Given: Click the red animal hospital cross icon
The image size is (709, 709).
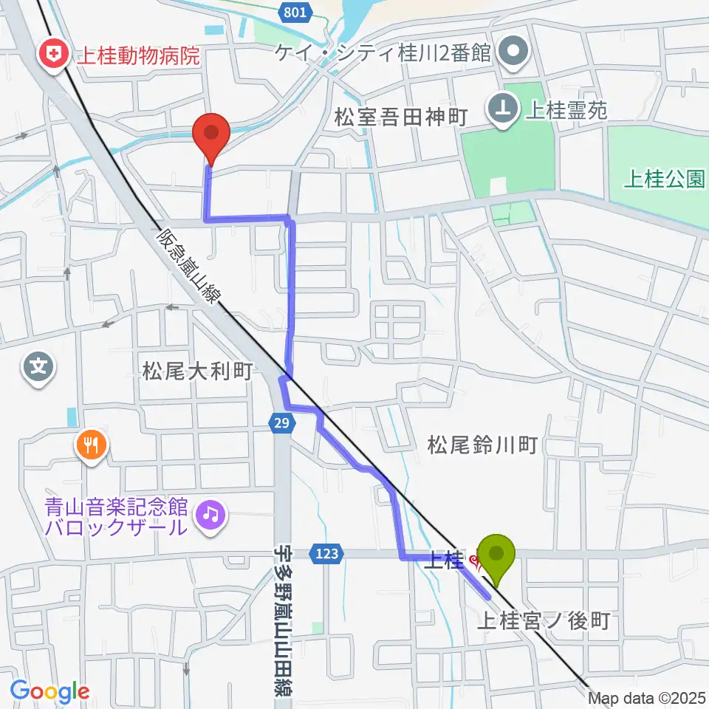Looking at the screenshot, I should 52,55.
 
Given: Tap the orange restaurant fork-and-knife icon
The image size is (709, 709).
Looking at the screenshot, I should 91,445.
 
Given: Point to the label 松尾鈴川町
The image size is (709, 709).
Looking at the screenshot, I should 482,445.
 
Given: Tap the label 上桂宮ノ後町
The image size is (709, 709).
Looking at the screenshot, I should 546,620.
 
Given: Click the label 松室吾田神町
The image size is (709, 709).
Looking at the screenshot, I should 401,117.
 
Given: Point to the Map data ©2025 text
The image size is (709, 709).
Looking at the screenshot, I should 648,696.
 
